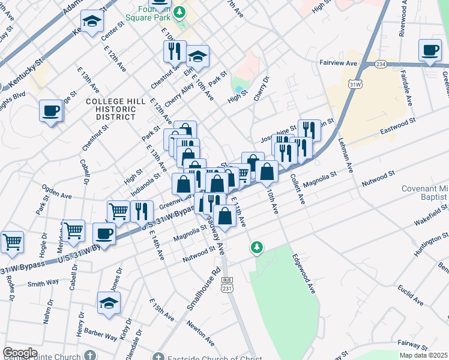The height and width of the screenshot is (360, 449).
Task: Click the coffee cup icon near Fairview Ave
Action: pyautogui.click(x=430, y=50)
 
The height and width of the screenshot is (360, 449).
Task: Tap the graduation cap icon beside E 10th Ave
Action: pyautogui.click(x=197, y=57)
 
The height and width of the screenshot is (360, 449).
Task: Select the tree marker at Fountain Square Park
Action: pyautogui.click(x=179, y=11)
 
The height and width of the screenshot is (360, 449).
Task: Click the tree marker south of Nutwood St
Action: pyautogui.click(x=257, y=247)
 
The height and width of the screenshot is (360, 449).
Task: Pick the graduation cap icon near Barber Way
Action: pyautogui.click(x=109, y=303)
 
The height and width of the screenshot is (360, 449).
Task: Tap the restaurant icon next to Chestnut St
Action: pyautogui.click(x=175, y=52)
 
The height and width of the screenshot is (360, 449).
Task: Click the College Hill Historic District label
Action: pyautogui.click(x=116, y=109)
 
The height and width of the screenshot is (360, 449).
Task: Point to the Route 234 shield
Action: pyautogui.click(x=381, y=64)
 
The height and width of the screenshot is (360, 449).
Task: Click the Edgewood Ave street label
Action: pyautogui.click(x=304, y=272)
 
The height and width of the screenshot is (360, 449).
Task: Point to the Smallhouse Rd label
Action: pyautogui.click(x=203, y=293)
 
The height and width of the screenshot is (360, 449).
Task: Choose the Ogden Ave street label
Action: pyautogui.click(x=57, y=195)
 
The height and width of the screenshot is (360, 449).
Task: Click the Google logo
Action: pyautogui.click(x=20, y=353)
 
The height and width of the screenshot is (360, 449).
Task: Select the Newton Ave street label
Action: pyautogui.click(x=200, y=333)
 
